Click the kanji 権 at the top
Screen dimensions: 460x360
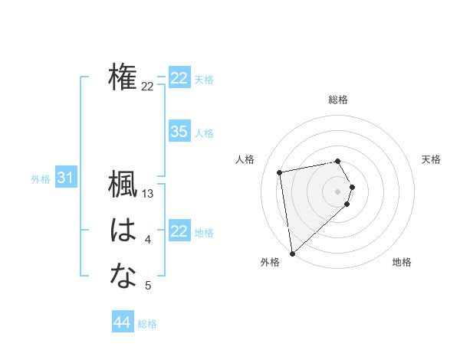point(123,77)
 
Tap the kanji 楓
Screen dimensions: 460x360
point(123,185)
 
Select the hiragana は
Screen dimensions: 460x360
point(123,231)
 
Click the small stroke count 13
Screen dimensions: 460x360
point(149,195)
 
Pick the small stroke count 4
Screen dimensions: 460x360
point(148,241)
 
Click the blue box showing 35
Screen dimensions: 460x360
point(179,132)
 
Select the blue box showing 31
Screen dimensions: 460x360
point(65,178)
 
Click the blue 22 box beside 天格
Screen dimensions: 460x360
point(179,78)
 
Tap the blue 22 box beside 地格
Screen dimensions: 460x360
point(179,231)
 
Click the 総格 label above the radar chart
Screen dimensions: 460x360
point(338,100)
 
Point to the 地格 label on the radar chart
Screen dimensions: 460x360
point(402,263)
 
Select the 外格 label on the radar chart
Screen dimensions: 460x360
point(270,263)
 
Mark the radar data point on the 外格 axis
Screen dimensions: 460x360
point(292,253)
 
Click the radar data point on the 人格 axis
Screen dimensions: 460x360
point(280,172)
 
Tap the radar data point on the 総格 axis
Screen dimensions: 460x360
point(338,161)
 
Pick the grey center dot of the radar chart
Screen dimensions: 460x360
point(338,191)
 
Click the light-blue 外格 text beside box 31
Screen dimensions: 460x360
point(41,179)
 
